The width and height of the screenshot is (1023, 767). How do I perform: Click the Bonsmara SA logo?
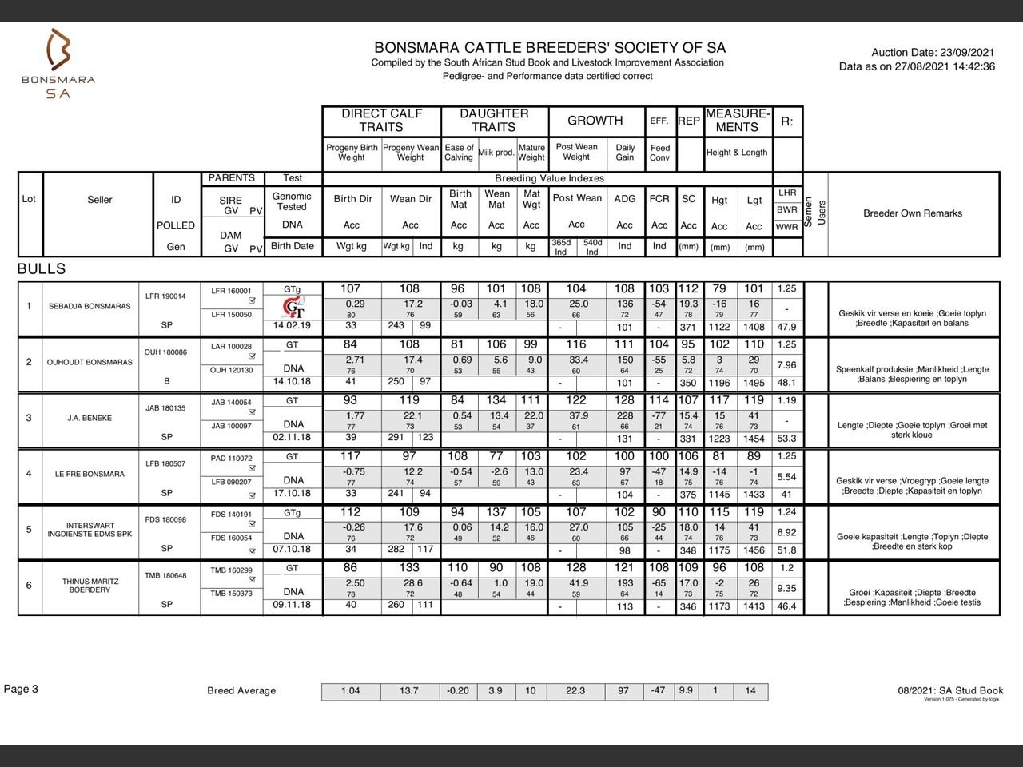coord(58,63)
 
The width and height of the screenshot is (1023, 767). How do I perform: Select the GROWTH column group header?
coord(595,121)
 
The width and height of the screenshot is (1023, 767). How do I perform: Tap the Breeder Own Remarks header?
coord(913,213)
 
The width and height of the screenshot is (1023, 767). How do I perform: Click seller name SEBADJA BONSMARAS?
coord(90,306)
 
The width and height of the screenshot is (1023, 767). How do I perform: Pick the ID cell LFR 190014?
coord(165,296)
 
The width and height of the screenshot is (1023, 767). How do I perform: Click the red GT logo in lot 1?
coord(293,308)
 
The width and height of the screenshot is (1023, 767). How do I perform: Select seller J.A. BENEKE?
coord(89,418)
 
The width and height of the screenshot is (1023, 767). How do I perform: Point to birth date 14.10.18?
coord(292,381)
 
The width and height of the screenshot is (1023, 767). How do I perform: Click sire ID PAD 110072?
coord(231,459)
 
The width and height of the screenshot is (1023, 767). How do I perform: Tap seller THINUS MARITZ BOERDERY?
coord(90,586)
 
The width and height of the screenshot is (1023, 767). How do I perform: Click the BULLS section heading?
coord(42,269)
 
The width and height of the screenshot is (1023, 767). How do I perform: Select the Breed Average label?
coord(241,691)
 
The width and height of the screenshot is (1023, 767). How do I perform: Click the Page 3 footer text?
coord(22,689)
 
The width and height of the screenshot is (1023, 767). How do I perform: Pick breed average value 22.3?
coord(575,691)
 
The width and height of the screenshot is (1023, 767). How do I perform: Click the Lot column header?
coord(29,199)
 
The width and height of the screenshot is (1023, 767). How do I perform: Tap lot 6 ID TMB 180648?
coord(165,576)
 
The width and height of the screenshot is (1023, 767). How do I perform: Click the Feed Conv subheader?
coord(659,153)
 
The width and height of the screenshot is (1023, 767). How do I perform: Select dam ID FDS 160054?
coord(231,538)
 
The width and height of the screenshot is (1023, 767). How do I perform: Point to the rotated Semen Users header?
coord(815,213)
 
